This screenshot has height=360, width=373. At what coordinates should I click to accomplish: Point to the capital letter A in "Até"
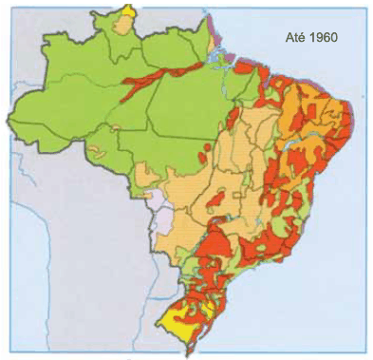(289, 40)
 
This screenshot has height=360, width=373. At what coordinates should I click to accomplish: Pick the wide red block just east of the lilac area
(214, 237)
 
